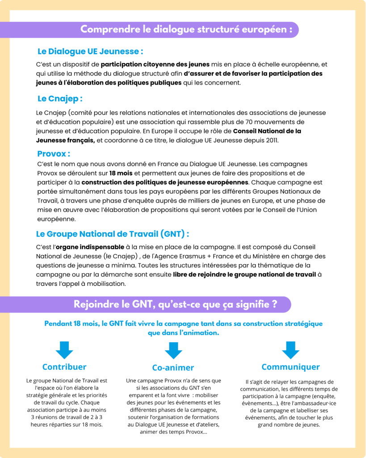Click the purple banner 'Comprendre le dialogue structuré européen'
(186, 30)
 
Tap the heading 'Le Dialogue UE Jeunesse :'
(90, 51)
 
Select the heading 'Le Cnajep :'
(60, 98)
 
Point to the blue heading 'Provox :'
(54, 154)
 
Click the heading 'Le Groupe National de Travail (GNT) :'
(113, 234)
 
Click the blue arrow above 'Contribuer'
(64, 349)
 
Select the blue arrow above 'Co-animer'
(173, 350)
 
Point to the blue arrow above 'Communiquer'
(290, 349)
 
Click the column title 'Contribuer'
(64, 367)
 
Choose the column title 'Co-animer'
(173, 368)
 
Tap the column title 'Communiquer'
(290, 367)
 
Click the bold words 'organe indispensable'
(90, 247)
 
